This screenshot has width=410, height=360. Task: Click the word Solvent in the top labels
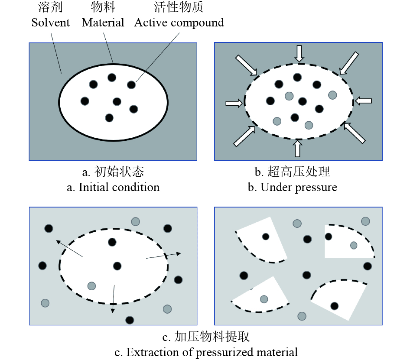[50, 23]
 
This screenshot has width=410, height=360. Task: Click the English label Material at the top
[103, 23]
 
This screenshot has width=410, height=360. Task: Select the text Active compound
[179, 23]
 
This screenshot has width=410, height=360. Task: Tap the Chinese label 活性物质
[179, 7]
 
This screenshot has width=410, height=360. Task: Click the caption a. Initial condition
[114, 187]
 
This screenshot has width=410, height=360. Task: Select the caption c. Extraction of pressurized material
[206, 352]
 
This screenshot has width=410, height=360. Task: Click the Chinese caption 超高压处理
[299, 172]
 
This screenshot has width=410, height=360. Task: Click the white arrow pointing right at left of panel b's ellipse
[234, 103]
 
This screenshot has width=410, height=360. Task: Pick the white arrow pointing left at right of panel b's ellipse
[363, 101]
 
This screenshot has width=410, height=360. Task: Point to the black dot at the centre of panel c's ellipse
[117, 266]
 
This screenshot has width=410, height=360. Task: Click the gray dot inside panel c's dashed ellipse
[91, 286]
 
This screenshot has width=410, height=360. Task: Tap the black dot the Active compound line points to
[131, 84]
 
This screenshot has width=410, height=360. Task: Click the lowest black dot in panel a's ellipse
[109, 117]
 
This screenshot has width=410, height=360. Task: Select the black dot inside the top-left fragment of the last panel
[265, 237]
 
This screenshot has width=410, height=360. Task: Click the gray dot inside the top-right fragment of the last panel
[354, 245]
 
